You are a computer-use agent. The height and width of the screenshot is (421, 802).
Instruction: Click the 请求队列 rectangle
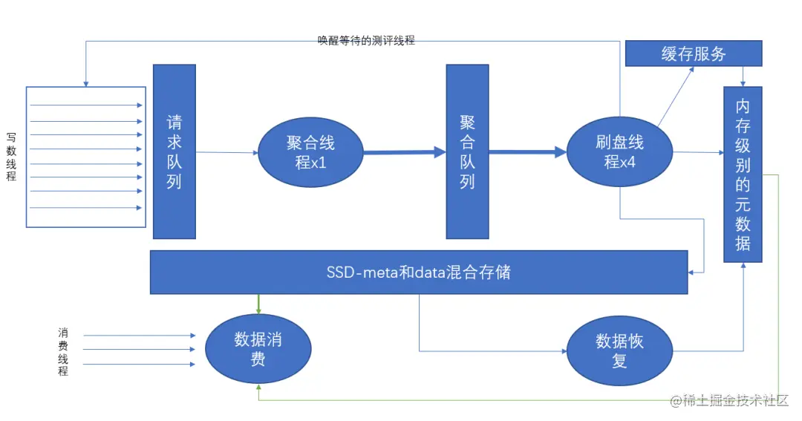175,151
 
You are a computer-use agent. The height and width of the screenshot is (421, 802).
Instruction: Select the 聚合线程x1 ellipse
311,152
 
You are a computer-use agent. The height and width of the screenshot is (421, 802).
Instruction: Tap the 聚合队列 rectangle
467,151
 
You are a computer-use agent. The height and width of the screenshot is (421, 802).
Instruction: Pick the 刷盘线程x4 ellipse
619,152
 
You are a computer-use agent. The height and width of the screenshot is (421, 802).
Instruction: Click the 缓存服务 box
694,53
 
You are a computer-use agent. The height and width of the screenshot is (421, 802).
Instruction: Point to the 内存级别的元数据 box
743,174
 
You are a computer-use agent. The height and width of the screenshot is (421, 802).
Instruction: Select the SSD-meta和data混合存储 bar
418,272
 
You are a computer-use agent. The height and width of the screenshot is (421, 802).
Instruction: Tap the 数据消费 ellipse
258,349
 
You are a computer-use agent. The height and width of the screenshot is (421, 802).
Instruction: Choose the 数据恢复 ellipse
619,350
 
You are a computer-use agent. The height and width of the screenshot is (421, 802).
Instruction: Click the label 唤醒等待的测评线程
366,41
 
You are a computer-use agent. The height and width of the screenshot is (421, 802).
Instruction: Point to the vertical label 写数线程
11,157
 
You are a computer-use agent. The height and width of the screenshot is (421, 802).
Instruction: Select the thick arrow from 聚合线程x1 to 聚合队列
405,152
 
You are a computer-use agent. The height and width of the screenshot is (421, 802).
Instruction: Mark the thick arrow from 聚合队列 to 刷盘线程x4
527,152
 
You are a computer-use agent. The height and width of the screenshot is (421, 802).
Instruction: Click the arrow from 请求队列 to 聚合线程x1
226,153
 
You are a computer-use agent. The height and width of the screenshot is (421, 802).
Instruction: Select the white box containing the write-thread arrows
88,157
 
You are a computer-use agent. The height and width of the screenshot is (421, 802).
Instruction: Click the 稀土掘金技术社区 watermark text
735,401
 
